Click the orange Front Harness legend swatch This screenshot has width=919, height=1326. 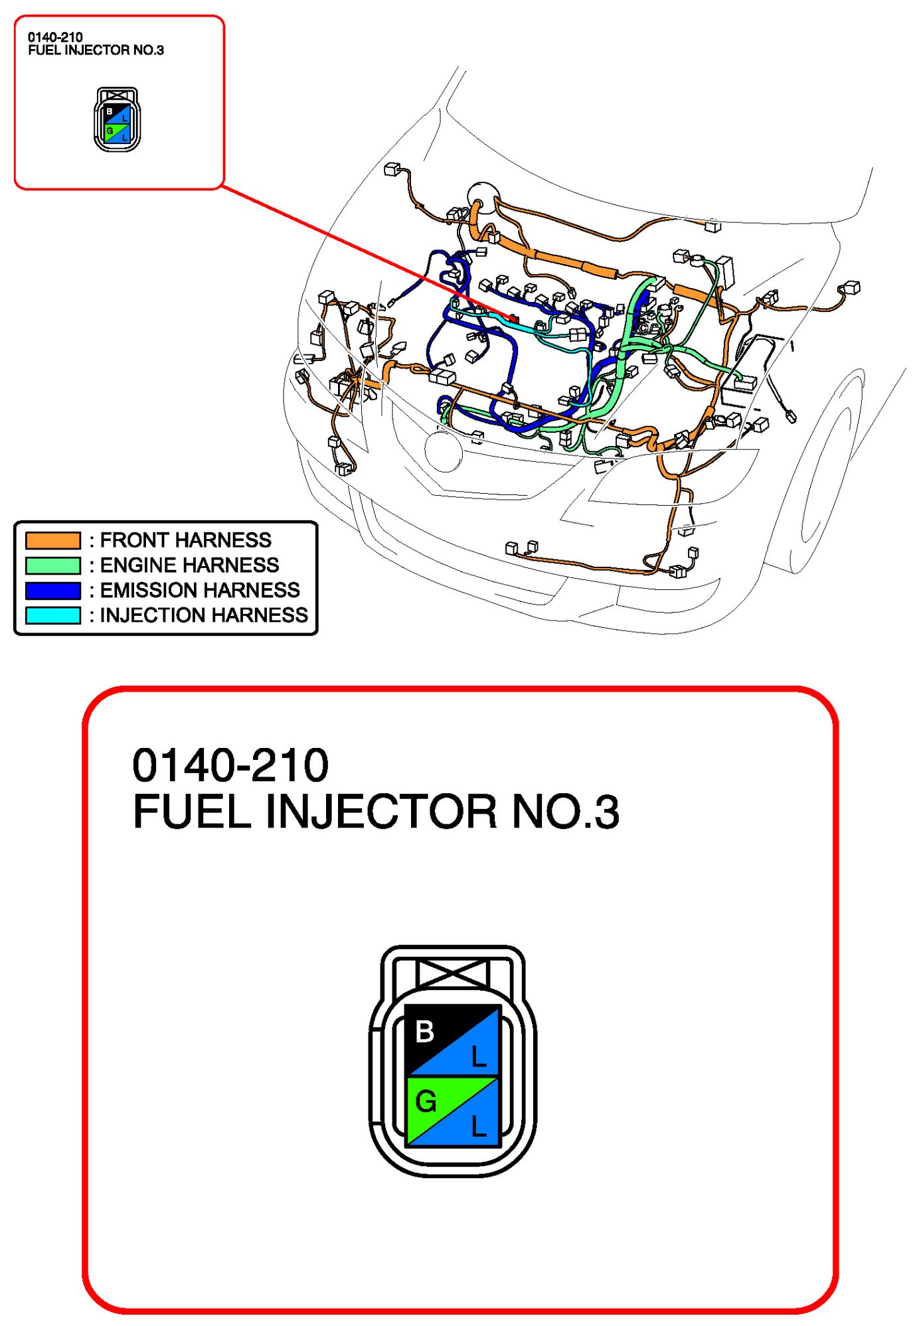pyautogui.click(x=53, y=540)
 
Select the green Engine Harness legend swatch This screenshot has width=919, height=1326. pyautogui.click(x=53, y=565)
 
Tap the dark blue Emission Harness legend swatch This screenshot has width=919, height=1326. pyautogui.click(x=53, y=591)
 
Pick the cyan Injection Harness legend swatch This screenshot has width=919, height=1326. pyautogui.click(x=53, y=615)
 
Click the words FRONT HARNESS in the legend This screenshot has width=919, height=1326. pyautogui.click(x=185, y=540)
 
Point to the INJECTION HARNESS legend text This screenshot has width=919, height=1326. pyautogui.click(x=203, y=615)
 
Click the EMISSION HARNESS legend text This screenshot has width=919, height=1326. pyautogui.click(x=199, y=591)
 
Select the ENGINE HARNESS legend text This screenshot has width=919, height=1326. pyautogui.click(x=189, y=565)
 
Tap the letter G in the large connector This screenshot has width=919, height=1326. pyautogui.click(x=426, y=1102)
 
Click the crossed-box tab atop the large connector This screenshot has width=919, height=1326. pyautogui.click(x=452, y=974)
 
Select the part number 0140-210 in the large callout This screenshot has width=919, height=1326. pyautogui.click(x=230, y=765)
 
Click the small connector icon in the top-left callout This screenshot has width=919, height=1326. pyautogui.click(x=117, y=119)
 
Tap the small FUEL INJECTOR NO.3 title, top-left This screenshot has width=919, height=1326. pyautogui.click(x=96, y=50)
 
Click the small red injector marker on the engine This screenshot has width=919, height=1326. pyautogui.click(x=513, y=319)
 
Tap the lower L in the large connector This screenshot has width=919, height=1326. pyautogui.click(x=479, y=1126)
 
